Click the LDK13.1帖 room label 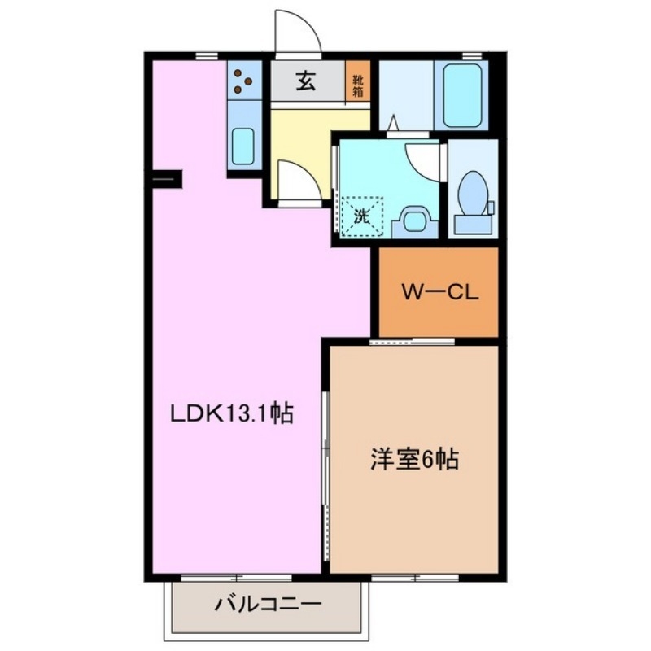click(x=232, y=413)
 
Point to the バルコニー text click(x=269, y=605)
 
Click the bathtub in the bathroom click(x=461, y=95)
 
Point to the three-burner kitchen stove click(x=242, y=80)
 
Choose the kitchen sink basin click(x=242, y=145)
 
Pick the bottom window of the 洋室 click(x=415, y=578)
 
